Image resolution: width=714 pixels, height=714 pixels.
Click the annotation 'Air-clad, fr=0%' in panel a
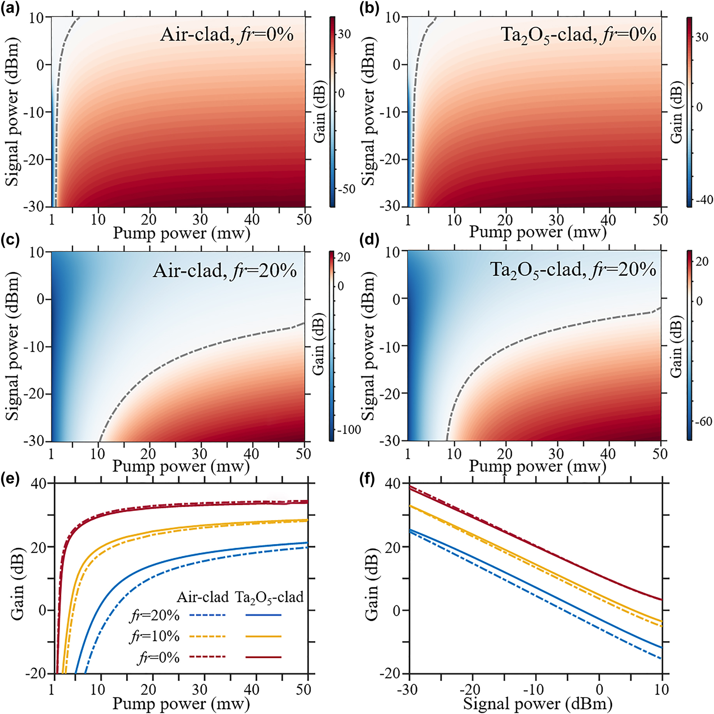click(x=226, y=35)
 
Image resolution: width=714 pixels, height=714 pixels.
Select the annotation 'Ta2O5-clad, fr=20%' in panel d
click(x=573, y=270)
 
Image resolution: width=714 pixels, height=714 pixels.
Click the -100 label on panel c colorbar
click(x=349, y=430)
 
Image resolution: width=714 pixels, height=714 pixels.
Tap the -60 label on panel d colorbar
click(x=703, y=422)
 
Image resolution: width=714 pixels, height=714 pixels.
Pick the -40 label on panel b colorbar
click(x=703, y=200)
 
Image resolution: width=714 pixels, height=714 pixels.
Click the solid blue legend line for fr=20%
click(x=263, y=615)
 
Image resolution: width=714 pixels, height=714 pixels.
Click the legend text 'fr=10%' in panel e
click(x=155, y=636)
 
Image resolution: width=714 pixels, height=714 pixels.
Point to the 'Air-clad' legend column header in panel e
click(x=203, y=597)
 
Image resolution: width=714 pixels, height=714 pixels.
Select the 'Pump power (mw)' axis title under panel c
click(x=181, y=467)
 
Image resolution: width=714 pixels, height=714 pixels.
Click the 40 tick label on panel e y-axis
click(x=39, y=483)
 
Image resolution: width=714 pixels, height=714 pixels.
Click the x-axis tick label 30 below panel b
click(x=556, y=220)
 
